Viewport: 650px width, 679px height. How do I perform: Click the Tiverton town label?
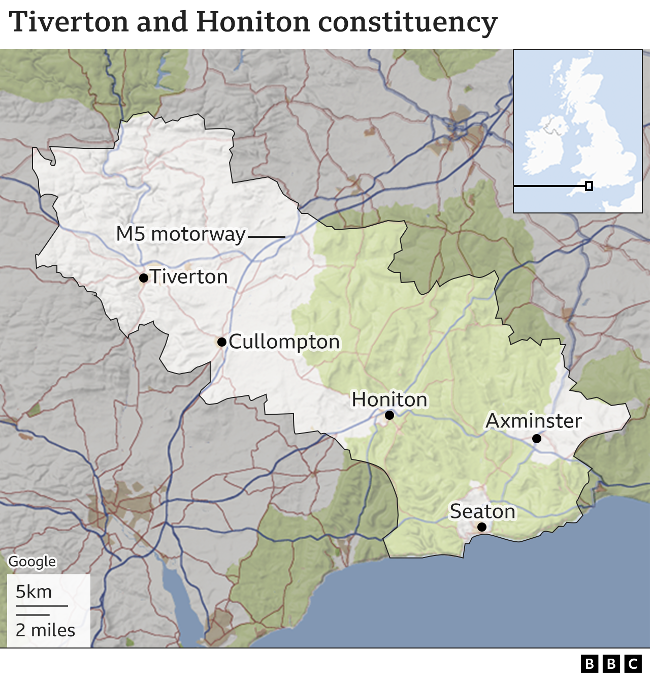189,277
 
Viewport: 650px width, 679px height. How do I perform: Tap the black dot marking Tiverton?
144,277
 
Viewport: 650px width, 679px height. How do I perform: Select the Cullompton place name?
284,342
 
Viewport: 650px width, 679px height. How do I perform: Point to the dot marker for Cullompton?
222,342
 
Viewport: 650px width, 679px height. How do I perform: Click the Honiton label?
389,399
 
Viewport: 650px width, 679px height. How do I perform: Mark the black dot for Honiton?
389,415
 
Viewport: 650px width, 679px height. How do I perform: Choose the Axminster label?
534,421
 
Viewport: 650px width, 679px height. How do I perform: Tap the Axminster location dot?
537,439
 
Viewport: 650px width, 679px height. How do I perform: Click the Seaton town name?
482,511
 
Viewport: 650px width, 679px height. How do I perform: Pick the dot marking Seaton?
482,527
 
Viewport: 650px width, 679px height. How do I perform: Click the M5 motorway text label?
181,234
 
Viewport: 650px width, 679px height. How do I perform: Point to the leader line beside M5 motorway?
267,237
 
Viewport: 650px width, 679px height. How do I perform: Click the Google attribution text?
32,562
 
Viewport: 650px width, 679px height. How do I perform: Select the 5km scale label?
34,592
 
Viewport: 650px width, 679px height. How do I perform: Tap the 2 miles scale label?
45,630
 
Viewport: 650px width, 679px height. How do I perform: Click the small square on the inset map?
589,186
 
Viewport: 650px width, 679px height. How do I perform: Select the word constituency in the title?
407,22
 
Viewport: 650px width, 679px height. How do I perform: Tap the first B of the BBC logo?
589,664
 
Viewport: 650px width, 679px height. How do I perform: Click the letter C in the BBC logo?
633,664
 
